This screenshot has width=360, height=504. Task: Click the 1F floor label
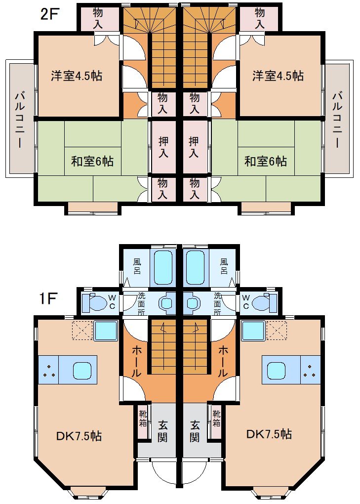(48, 299)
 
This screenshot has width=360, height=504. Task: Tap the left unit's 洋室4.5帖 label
(77, 76)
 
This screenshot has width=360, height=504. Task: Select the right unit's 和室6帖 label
(266, 161)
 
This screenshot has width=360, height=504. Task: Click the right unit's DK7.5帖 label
(269, 434)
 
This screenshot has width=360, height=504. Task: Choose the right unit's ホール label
(223, 362)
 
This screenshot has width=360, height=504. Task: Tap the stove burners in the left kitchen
(48, 370)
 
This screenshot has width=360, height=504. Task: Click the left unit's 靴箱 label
(143, 418)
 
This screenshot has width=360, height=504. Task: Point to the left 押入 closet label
(163, 147)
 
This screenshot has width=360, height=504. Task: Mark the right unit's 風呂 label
(224, 266)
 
